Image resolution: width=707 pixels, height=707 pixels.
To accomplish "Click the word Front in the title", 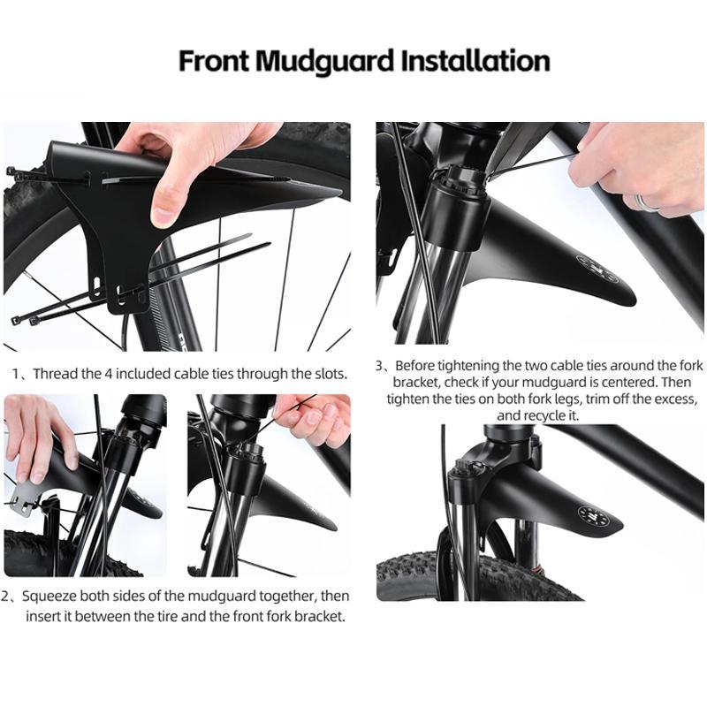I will tap(214, 61).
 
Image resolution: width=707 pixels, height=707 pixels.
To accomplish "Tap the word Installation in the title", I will tap(475, 61).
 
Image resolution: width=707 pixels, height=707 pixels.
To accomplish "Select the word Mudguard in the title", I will tap(326, 61).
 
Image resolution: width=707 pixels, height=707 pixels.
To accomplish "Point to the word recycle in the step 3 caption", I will tap(546, 415).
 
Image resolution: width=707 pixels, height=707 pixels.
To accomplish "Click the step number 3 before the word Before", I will tap(380, 365).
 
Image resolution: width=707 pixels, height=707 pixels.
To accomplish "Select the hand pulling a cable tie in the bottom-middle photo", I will tap(314, 415).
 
